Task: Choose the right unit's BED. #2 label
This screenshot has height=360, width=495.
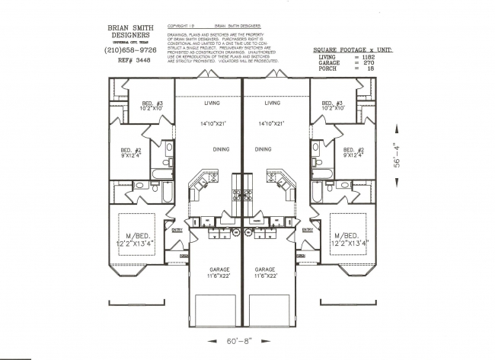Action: [354, 151]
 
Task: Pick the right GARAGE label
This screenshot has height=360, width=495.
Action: [264, 269]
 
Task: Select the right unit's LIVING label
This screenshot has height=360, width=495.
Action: [273, 102]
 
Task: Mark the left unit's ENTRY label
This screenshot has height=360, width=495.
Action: [177, 229]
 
